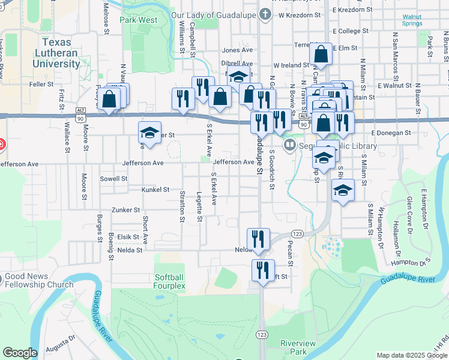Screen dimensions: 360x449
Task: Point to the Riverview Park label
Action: coord(294,347)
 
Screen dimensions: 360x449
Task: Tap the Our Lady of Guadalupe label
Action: coord(213,14)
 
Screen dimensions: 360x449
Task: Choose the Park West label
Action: coord(138,20)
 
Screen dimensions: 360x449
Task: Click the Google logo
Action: coord(20,353)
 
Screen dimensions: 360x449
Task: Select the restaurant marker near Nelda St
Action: coord(259,238)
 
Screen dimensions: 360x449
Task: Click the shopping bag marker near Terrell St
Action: coord(322,55)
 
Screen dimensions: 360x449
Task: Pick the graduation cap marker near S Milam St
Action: coord(343,190)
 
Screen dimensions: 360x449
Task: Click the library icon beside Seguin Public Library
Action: coord(290,144)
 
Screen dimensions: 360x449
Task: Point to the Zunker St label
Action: coord(125,211)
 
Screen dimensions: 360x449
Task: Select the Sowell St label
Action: coord(113,179)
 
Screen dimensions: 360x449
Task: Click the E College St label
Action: coord(349,31)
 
